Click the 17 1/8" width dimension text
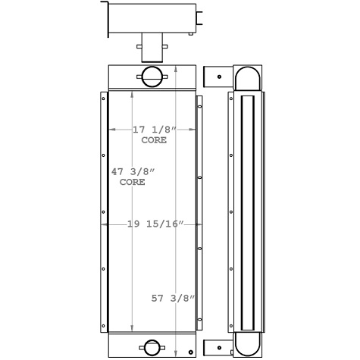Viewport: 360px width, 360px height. (149, 130)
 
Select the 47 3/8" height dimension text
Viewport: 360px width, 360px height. (128, 172)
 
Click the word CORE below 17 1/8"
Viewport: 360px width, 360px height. (154, 140)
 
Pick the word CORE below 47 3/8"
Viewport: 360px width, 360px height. (132, 183)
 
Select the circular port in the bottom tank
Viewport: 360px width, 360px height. (151, 348)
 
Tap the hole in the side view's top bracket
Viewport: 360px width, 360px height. (219, 77)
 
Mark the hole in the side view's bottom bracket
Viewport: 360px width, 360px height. (219, 348)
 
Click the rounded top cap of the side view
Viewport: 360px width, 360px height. (247, 78)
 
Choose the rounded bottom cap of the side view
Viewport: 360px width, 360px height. (247, 344)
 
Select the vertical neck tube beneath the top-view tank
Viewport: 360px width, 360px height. (151, 48)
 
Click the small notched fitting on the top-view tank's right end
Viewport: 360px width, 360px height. (200, 23)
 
